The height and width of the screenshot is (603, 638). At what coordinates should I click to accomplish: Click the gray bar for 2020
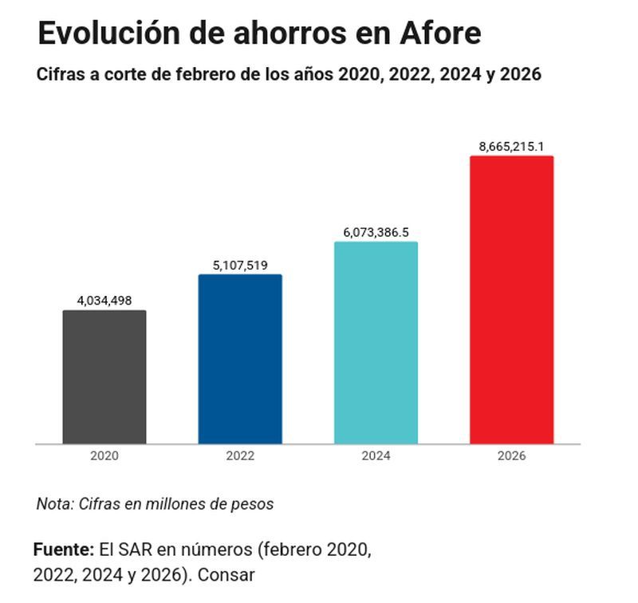click(x=104, y=376)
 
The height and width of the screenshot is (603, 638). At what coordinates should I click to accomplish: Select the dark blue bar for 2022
click(x=240, y=359)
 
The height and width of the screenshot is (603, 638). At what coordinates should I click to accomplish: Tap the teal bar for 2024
click(x=376, y=342)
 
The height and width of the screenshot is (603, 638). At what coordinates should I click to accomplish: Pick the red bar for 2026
click(x=511, y=299)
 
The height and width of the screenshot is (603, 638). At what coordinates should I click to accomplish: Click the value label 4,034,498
click(x=104, y=301)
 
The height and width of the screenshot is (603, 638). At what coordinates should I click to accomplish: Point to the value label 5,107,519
click(x=240, y=266)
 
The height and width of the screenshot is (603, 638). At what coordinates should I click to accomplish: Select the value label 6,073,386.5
click(x=376, y=232)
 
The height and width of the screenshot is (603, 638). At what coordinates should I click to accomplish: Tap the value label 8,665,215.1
click(x=511, y=147)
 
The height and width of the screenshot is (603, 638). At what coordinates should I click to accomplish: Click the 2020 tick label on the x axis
click(x=104, y=456)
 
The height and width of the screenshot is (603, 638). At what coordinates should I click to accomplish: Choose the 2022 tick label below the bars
click(x=240, y=456)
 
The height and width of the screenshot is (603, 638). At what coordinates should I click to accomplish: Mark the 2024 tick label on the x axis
click(x=376, y=456)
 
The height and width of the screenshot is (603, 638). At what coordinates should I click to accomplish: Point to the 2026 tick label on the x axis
click(x=511, y=456)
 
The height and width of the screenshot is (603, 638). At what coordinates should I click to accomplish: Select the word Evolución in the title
click(x=106, y=33)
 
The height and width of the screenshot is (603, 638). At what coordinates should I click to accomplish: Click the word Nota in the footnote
click(x=53, y=504)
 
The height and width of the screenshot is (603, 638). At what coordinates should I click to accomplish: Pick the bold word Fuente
click(x=63, y=550)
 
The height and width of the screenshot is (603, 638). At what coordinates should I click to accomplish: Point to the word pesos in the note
click(x=255, y=504)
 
